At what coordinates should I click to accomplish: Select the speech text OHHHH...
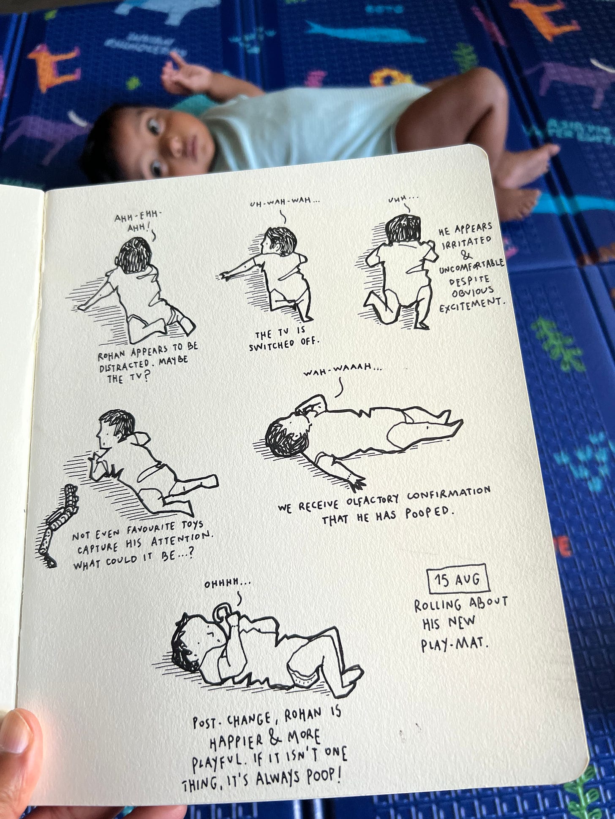coord(227,584)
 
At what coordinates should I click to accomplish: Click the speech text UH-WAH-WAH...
coord(285,203)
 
